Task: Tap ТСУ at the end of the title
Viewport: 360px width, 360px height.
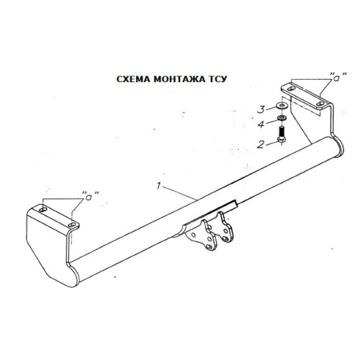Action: click(217, 79)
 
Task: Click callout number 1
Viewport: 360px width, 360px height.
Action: click(158, 186)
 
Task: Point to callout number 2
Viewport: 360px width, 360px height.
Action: click(261, 145)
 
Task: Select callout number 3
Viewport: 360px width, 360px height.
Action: click(261, 109)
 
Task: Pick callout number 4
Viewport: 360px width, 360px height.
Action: click(261, 125)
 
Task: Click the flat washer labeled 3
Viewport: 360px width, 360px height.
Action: click(282, 105)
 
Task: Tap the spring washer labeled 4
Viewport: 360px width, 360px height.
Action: click(282, 118)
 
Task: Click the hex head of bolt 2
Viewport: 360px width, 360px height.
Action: click(282, 140)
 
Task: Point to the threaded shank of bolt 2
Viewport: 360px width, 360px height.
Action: click(282, 132)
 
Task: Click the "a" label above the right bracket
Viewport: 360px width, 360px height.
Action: click(338, 76)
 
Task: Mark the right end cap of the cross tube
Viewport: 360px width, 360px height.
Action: click(339, 146)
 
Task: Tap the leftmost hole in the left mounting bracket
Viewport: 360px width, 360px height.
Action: click(43, 210)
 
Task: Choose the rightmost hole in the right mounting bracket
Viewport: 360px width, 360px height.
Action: click(320, 104)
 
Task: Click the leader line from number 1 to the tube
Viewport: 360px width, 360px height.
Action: click(179, 193)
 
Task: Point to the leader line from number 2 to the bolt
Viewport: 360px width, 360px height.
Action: click(272, 143)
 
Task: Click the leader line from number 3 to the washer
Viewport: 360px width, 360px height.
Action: click(271, 107)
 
